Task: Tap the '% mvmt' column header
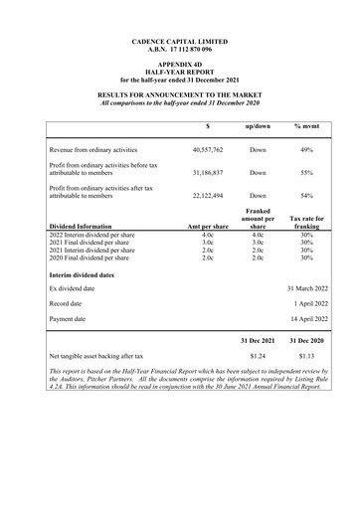tap(307, 126)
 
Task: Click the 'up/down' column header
tap(258, 126)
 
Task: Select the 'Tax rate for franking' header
tap(307, 222)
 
